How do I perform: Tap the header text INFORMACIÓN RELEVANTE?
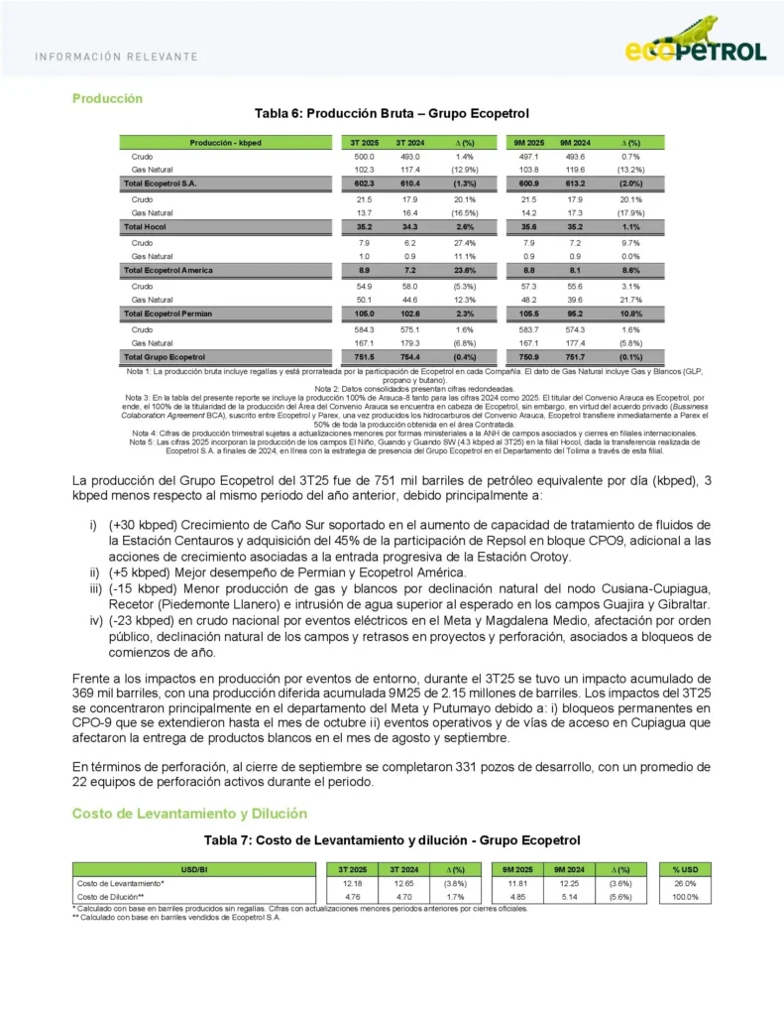click(115, 57)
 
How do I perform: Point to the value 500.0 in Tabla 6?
click(364, 157)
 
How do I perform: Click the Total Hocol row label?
click(143, 227)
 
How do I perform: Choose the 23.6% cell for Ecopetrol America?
click(463, 270)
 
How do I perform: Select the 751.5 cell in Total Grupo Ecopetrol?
click(364, 355)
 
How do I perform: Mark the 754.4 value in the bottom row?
click(409, 355)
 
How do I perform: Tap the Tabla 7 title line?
click(392, 840)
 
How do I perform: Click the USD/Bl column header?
click(196, 870)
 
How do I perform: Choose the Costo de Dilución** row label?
click(111, 897)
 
